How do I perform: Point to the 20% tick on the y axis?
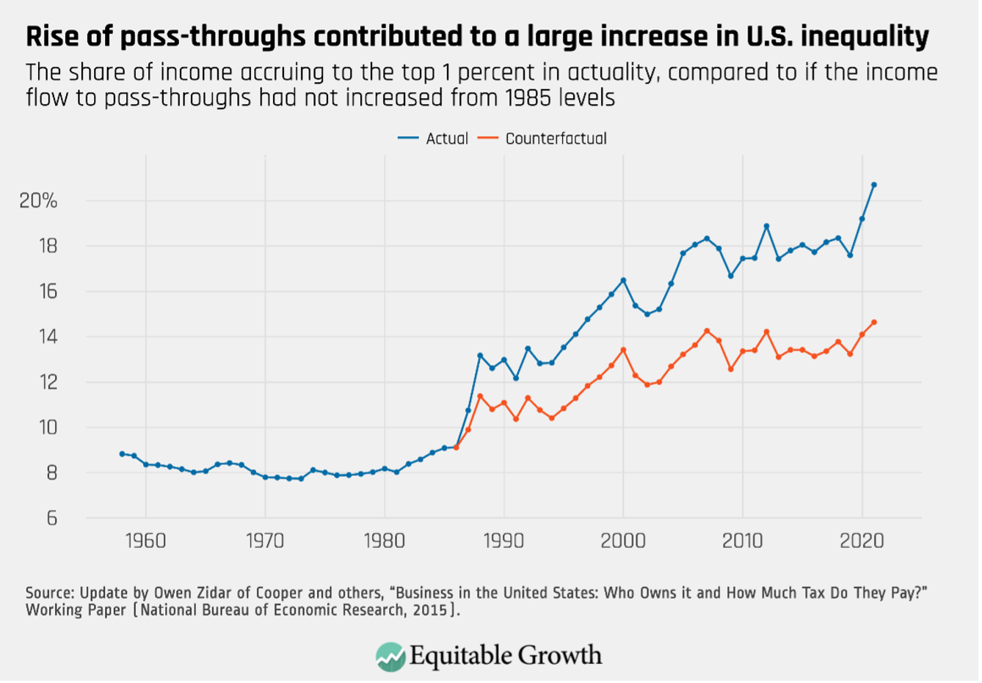(38, 201)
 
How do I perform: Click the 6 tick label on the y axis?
(51, 519)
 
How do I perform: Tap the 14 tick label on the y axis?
(48, 337)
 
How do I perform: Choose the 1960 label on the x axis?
(145, 541)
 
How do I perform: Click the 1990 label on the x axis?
(503, 541)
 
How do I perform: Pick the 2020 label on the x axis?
(862, 541)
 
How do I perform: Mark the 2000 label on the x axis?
(623, 541)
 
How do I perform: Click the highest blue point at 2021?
(873, 185)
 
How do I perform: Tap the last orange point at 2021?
(873, 322)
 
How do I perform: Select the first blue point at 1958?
(122, 454)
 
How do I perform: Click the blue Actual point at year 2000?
(623, 280)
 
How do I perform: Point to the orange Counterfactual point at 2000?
(623, 350)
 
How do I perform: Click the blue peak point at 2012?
(766, 226)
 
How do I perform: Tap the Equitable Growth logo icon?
(390, 656)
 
